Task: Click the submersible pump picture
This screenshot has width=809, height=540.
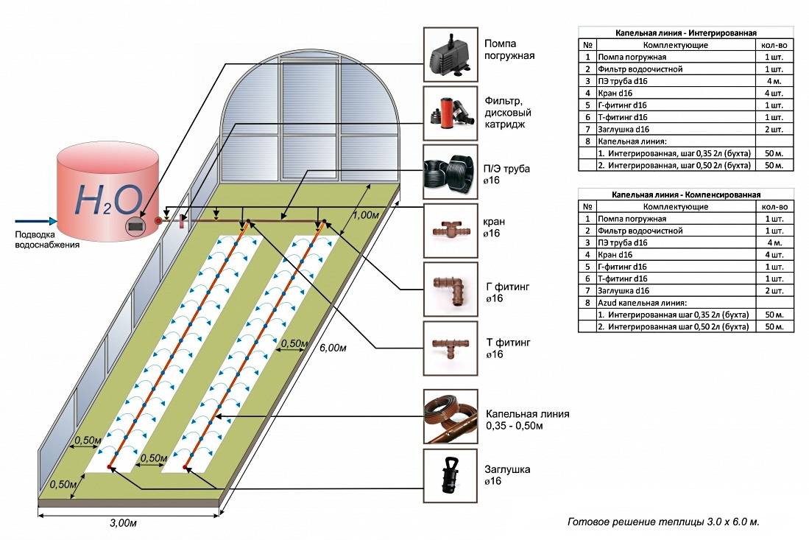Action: [450, 53]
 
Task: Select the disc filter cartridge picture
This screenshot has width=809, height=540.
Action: [450, 113]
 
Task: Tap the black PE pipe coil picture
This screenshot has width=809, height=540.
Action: [450, 172]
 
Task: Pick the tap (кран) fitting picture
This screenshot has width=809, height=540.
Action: [450, 231]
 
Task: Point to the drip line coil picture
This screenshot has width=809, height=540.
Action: [450, 416]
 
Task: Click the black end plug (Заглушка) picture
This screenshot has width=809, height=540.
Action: [450, 475]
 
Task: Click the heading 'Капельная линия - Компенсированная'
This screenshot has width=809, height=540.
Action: [685, 195]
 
